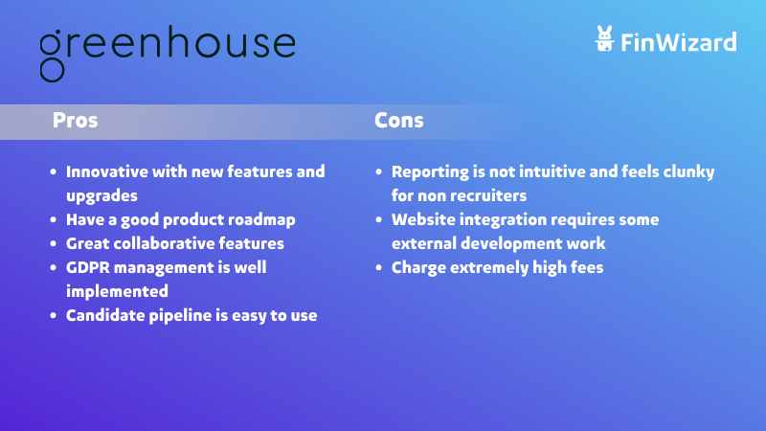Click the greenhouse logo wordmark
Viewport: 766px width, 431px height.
[167, 53]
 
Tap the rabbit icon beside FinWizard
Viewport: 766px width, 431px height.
[604, 38]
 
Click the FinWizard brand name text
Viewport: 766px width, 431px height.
[679, 42]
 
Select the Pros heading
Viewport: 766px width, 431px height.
[76, 121]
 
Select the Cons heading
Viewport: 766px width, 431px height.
[398, 121]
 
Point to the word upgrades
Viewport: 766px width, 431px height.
[101, 196]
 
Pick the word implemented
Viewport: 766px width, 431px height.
[117, 292]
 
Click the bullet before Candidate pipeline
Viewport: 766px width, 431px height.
[54, 316]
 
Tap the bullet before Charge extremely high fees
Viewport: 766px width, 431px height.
[378, 268]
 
